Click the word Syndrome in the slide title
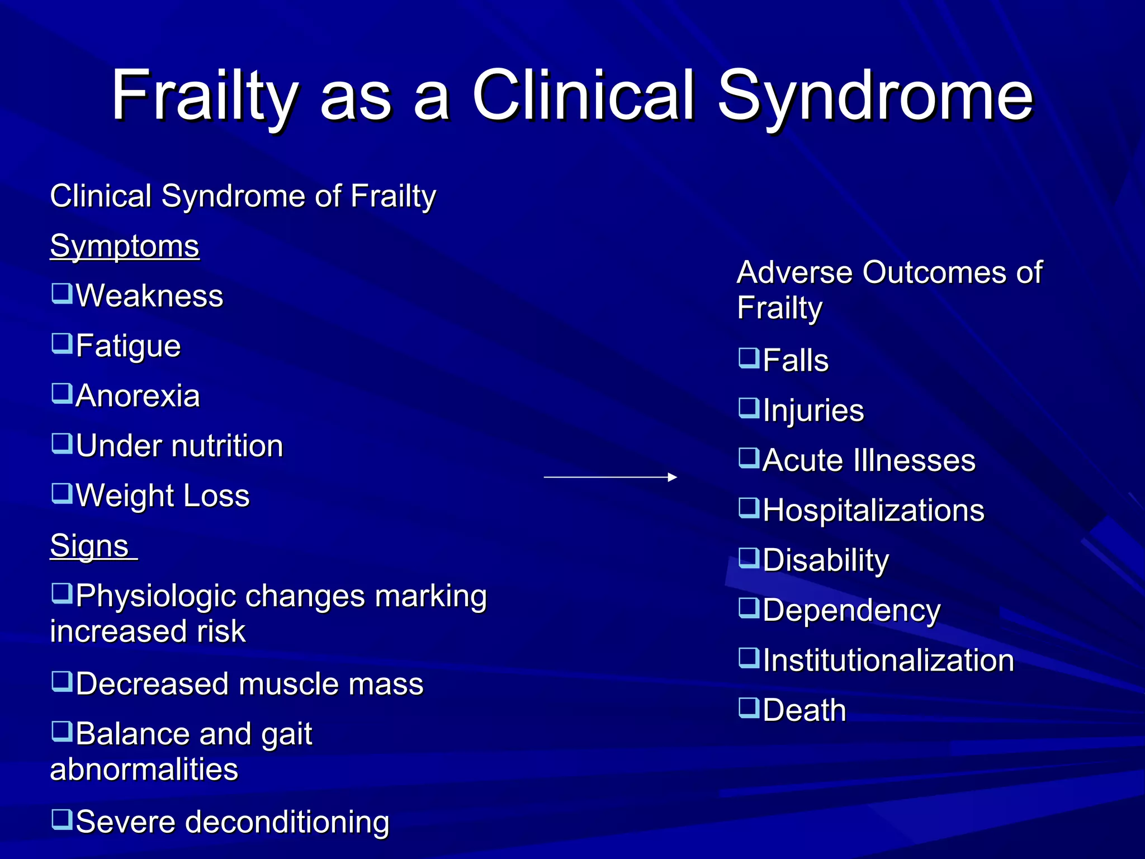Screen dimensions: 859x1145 [x=875, y=96]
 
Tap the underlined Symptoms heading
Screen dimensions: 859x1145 [x=125, y=246]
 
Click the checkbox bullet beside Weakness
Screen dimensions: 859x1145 [x=62, y=293]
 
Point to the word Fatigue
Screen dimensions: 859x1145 [x=129, y=346]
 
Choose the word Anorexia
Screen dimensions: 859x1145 [x=138, y=396]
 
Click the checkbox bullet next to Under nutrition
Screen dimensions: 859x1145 [x=62, y=443]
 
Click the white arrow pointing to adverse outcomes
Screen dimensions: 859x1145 [x=610, y=477]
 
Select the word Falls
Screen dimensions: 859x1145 [x=796, y=361]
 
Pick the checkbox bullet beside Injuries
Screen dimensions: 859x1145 [x=749, y=408]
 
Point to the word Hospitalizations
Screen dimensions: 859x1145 [x=873, y=511]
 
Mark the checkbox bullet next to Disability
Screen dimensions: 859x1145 [x=749, y=558]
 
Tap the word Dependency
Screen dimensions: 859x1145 [x=851, y=611]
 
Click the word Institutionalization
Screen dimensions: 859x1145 [x=888, y=660]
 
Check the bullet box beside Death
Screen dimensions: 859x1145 [x=749, y=707]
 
